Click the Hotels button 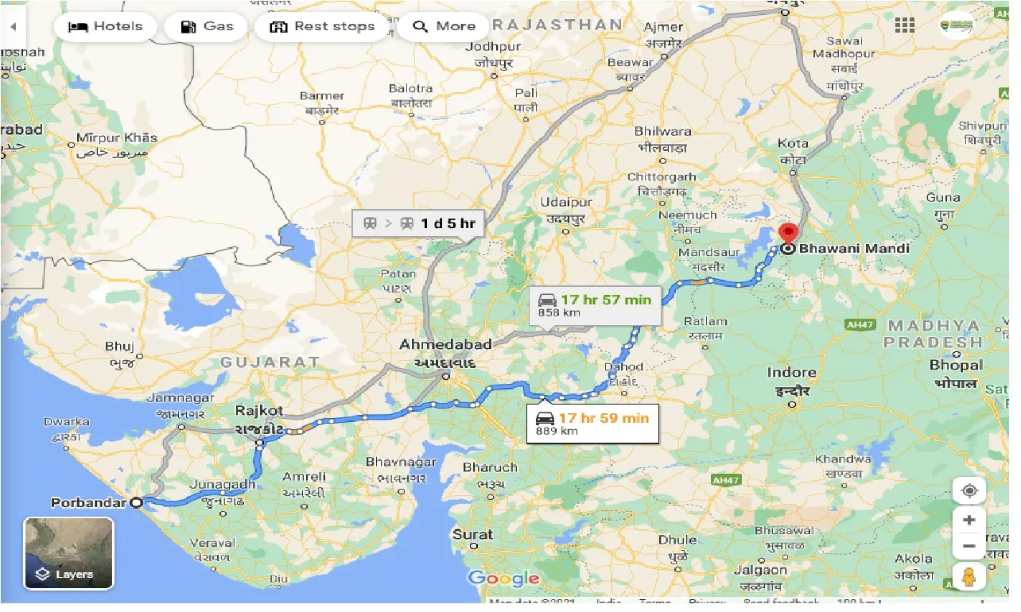pos(105,26)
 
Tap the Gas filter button pos(206,26)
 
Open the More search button pos(444,26)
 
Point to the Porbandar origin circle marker pos(137,502)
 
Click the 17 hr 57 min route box pos(595,305)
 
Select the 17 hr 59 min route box pos(593,424)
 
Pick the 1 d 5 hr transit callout pos(418,223)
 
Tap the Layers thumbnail pos(68,553)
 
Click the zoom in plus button pos(969,521)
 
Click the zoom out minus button pos(969,547)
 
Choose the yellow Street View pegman pos(969,578)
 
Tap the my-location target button pos(969,490)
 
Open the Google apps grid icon pos(905,25)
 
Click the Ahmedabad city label pos(445,345)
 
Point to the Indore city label pos(792,372)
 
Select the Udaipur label pos(566,203)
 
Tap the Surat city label pos(472,535)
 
